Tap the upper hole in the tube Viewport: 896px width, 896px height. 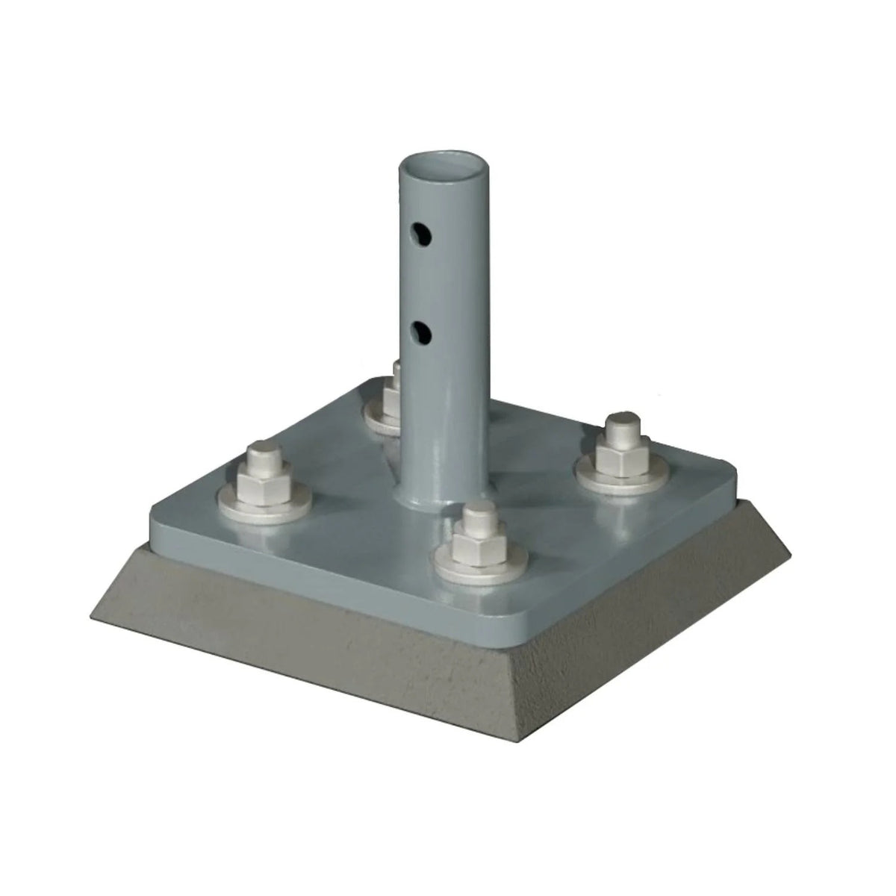[423, 237]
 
